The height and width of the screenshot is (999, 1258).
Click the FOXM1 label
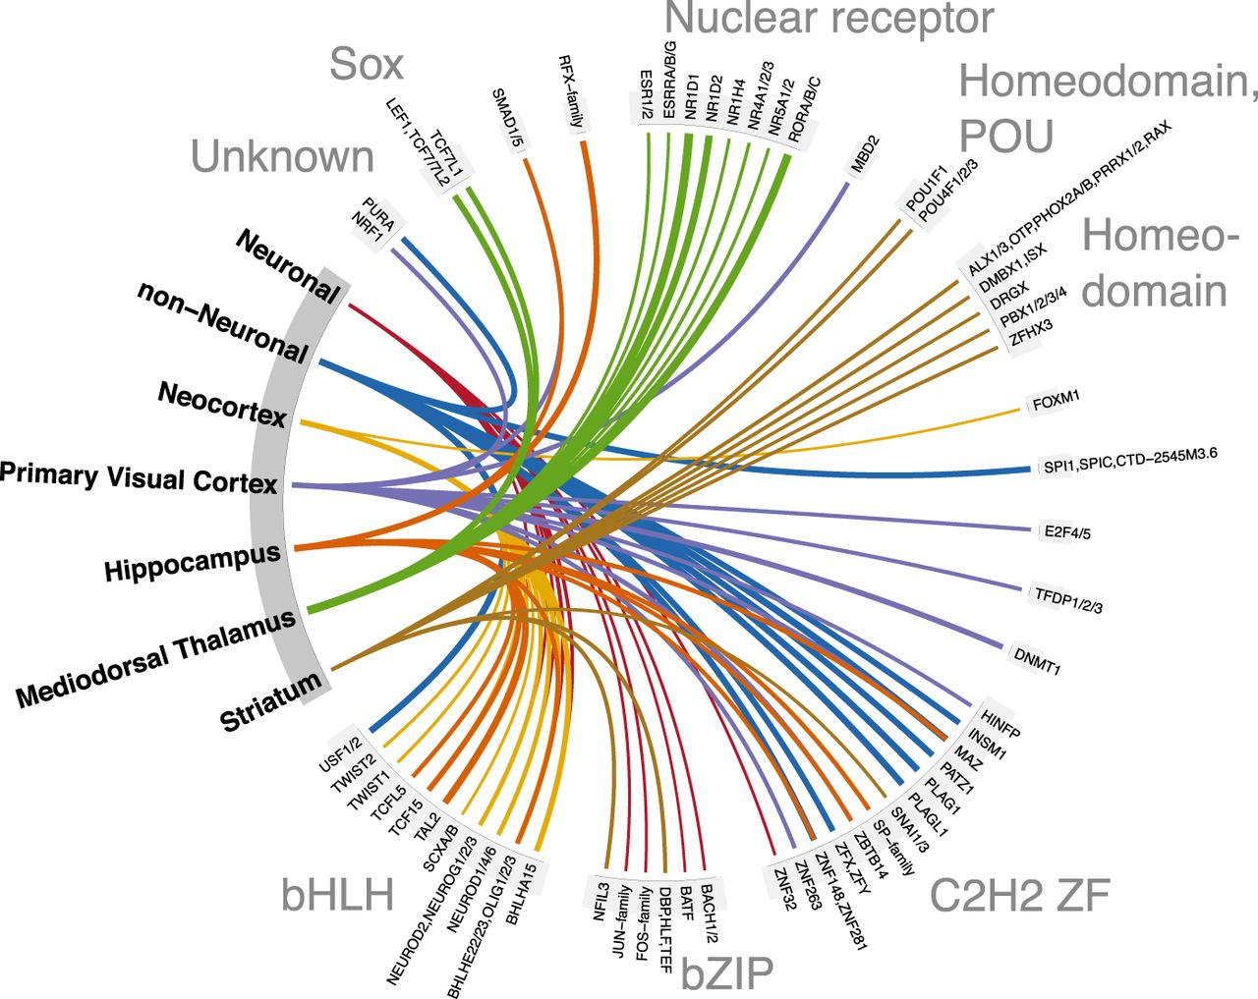point(1056,400)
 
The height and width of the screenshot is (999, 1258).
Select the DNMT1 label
point(1037,658)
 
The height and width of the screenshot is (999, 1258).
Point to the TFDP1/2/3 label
point(1067,598)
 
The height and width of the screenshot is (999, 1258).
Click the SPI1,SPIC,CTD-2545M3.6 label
point(1130,462)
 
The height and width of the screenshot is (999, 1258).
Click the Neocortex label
point(222,405)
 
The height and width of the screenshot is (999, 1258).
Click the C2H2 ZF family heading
point(1019,894)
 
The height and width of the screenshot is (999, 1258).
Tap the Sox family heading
point(367,64)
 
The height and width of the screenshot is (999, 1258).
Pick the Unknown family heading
point(282,157)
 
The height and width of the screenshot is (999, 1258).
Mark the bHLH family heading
point(337,895)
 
